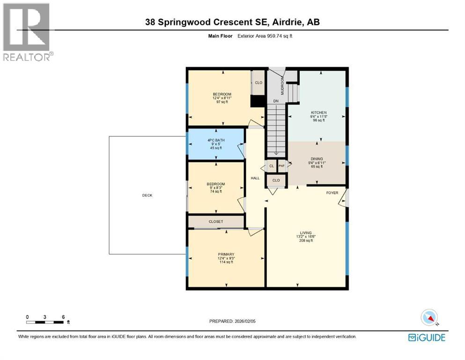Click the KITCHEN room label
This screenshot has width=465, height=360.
[x=318, y=112]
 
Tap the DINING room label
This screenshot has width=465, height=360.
[x=317, y=159]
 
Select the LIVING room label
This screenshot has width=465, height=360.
[x=306, y=233]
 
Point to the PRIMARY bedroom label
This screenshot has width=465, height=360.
[x=226, y=255]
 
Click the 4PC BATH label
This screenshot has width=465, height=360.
[x=216, y=140]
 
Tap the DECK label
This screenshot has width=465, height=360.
[x=147, y=195]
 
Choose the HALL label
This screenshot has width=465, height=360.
[x=255, y=178]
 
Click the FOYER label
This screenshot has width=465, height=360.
[x=332, y=193]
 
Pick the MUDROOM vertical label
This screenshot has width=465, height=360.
[x=282, y=85]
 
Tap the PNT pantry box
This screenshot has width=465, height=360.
[x=281, y=166]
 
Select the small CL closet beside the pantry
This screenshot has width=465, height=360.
[x=271, y=166]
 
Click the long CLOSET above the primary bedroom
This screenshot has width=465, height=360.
[x=216, y=222]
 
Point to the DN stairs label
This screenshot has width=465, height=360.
[x=276, y=101]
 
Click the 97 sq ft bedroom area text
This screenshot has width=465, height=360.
[x=222, y=102]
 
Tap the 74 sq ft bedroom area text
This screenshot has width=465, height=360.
[x=216, y=191]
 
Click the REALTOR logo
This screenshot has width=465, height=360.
[x=28, y=32]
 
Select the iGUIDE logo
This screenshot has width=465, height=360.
[x=427, y=338]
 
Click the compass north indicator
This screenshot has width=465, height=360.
[x=429, y=317]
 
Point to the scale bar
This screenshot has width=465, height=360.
[x=45, y=322]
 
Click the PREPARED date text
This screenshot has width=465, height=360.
[x=232, y=321]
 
